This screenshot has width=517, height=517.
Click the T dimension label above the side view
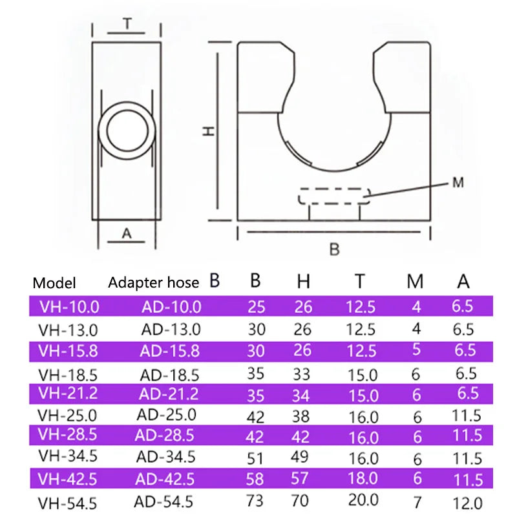pyautogui.click(x=127, y=24)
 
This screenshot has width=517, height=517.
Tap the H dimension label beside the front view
pyautogui.click(x=208, y=131)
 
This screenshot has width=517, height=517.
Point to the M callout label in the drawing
pyautogui.click(x=458, y=182)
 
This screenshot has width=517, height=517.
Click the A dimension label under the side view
pyautogui.click(x=127, y=233)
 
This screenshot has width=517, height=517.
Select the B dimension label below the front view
pyautogui.click(x=334, y=249)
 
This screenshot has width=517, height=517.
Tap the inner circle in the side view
pyautogui.click(x=127, y=131)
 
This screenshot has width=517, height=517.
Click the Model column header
pyautogui.click(x=54, y=283)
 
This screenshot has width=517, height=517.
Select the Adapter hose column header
pyautogui.click(x=153, y=282)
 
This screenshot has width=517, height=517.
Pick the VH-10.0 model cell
pyautogui.click(x=69, y=307)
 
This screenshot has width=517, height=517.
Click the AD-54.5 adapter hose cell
pyautogui.click(x=164, y=502)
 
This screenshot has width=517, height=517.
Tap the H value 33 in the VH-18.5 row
pyautogui.click(x=301, y=374)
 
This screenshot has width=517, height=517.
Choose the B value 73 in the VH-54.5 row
pyautogui.click(x=255, y=501)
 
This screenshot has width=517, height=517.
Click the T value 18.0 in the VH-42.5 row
pyautogui.click(x=363, y=478)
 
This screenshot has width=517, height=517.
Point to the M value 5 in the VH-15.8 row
pyautogui.click(x=416, y=350)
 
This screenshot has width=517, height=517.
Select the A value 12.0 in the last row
pyautogui.click(x=467, y=503)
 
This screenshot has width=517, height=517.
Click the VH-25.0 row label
pyautogui.click(x=67, y=416)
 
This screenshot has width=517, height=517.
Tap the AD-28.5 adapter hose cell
pyautogui.click(x=164, y=436)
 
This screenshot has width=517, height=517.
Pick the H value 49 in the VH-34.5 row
pyautogui.click(x=299, y=457)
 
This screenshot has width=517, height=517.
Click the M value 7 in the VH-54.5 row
pyautogui.click(x=417, y=503)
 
